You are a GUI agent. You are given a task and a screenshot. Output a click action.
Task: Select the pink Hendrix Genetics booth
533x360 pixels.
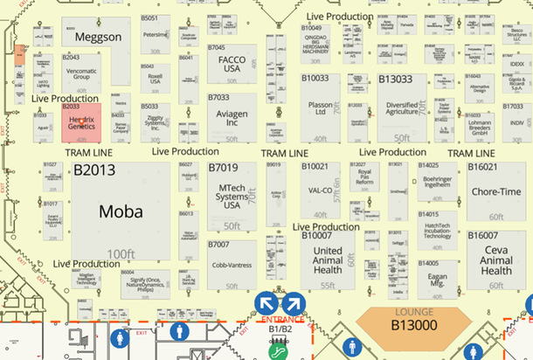pyautogui.click(x=81, y=122)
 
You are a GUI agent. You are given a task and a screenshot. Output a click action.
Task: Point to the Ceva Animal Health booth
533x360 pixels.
pyautogui.click(x=496, y=260)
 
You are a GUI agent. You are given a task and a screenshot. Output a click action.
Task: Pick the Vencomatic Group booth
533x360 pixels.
pyautogui.click(x=81, y=73)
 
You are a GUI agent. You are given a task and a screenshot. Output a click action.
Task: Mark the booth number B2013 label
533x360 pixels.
pyautogui.click(x=94, y=170)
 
